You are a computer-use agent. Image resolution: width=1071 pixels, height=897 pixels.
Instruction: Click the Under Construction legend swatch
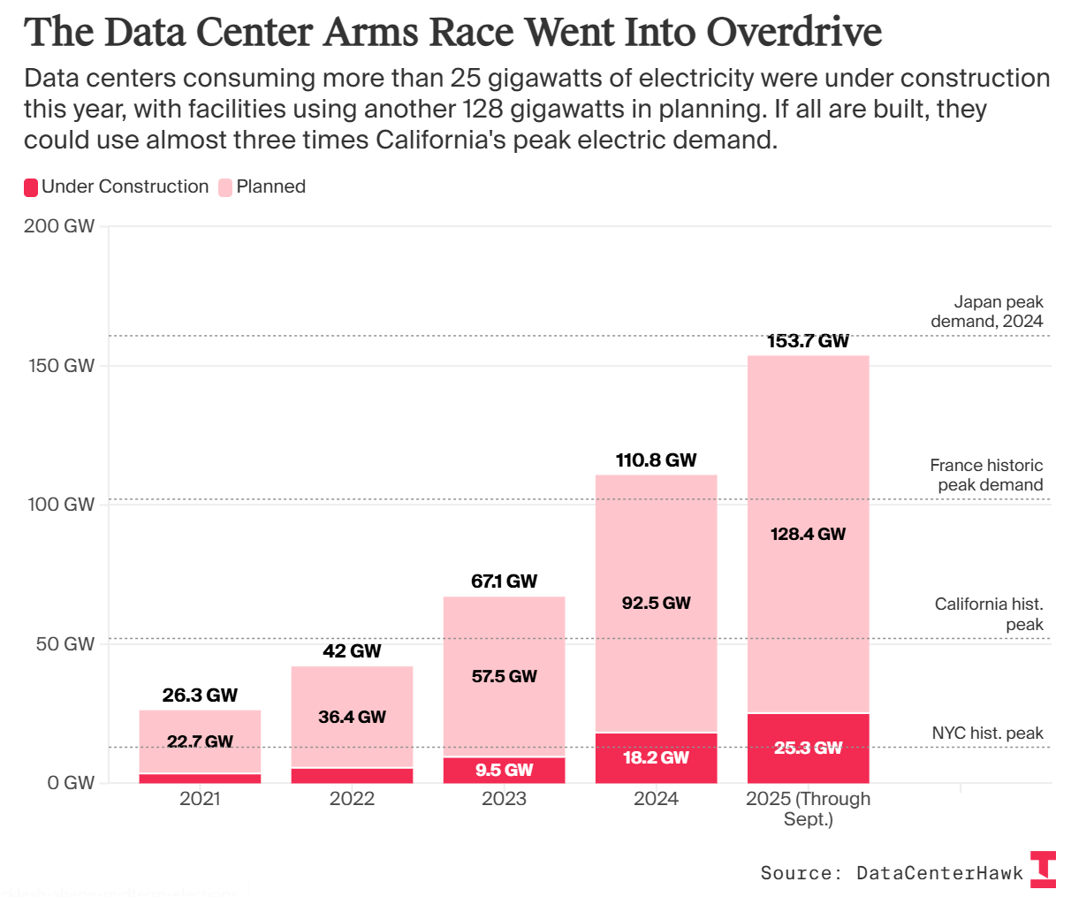coord(31,187)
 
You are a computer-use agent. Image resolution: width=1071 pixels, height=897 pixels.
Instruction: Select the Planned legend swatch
coord(225,187)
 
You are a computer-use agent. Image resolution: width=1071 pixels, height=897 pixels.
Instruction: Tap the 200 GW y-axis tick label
coord(59,226)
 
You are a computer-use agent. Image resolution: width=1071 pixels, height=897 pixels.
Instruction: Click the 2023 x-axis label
coord(504,799)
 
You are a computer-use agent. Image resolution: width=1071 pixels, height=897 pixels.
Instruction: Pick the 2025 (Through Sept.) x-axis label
coord(808,809)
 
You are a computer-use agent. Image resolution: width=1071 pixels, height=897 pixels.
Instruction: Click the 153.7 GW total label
coord(808,341)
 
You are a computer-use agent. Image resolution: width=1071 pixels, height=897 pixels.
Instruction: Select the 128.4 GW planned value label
coord(808,534)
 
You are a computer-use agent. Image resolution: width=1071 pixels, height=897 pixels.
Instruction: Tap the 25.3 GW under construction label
coord(808,748)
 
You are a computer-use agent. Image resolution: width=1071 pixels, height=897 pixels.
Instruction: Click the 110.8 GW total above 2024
coord(656,460)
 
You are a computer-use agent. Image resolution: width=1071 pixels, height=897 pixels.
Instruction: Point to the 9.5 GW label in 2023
coord(504,770)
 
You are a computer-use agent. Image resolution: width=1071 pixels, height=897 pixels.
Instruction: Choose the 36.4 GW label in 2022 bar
coord(352,717)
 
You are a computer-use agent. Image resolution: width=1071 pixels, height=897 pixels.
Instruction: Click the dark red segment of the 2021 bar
coord(200,779)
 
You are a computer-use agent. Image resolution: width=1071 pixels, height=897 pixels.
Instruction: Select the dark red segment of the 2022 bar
coord(352,776)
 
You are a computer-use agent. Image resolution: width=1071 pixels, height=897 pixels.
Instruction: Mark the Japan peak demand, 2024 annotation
coord(986,312)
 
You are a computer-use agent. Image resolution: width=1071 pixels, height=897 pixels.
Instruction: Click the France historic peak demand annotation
coord(986,475)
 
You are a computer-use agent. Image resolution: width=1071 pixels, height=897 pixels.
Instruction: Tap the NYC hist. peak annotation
coord(987,734)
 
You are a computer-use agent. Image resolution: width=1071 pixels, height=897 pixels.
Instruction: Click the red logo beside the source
coord(1044,869)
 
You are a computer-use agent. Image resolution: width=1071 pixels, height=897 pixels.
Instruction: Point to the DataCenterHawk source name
coord(939,873)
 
